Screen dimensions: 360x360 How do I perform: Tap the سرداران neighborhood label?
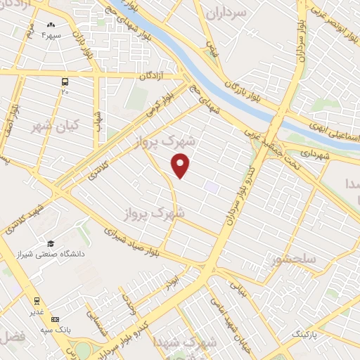click(248, 13)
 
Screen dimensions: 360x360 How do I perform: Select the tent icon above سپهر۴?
click(32, 24)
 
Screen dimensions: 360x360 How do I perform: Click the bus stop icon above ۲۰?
click(65, 81)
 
